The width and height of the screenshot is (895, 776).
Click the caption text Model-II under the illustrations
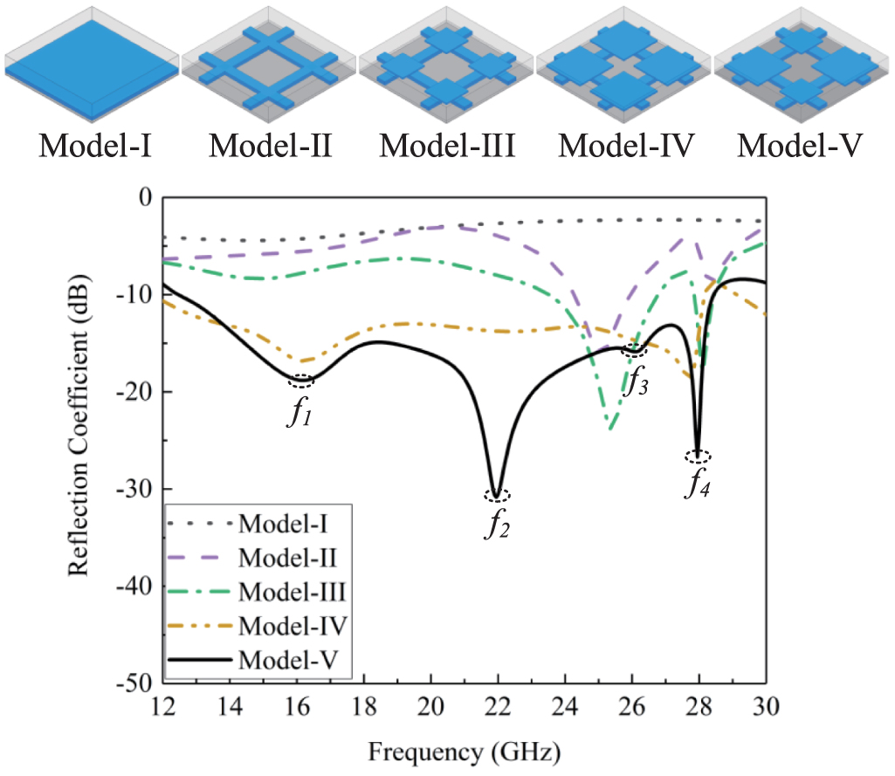pos(269,146)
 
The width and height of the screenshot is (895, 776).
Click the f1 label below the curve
pos(299,412)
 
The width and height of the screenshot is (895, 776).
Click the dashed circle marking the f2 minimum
pos(497,496)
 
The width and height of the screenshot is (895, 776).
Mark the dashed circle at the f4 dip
pos(698,457)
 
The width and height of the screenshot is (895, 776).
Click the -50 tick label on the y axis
pos(135,682)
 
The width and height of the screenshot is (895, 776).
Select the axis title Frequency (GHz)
pos(464,749)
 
